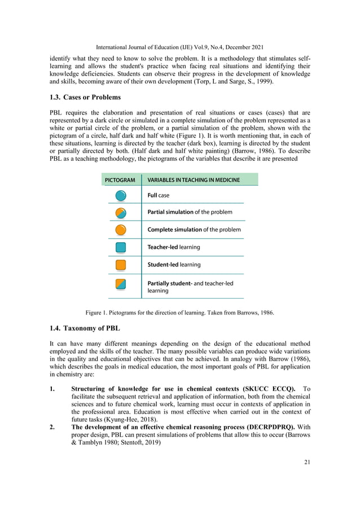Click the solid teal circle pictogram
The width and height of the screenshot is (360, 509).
121,196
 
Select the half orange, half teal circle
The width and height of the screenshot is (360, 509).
121,213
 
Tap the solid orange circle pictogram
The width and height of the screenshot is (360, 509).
121,230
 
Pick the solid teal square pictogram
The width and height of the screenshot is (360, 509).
121,247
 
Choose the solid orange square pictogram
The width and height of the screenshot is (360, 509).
121,265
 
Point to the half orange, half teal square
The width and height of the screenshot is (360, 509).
121,284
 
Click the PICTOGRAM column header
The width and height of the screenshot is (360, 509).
120,180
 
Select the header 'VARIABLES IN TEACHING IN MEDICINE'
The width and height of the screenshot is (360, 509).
194,180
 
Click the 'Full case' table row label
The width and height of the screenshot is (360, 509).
159,196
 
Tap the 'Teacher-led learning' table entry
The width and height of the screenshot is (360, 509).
174,247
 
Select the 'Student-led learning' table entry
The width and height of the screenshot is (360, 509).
174,265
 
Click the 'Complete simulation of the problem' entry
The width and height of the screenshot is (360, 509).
194,230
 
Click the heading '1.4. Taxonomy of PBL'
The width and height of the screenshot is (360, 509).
84,328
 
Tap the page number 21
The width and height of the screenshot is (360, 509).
306,463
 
